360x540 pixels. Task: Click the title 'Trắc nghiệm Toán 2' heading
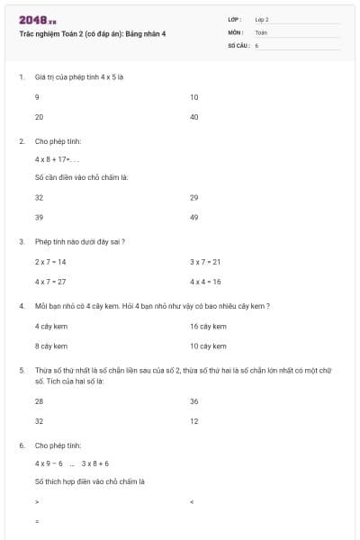(x=93, y=33)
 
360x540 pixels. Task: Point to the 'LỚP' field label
(x=235, y=19)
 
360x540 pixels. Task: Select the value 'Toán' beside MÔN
(x=261, y=31)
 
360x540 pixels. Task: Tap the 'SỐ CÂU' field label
(x=238, y=44)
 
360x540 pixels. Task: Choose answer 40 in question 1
(x=194, y=117)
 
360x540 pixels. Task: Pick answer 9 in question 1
(x=37, y=96)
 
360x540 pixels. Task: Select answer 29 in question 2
(x=194, y=197)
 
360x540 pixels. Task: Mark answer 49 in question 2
(x=194, y=218)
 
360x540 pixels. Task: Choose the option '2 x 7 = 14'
(x=50, y=262)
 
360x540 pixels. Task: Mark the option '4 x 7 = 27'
(x=50, y=282)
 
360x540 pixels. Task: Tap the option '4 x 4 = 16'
(x=205, y=282)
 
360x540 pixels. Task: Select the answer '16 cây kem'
(x=208, y=326)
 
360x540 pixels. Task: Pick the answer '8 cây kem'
(x=50, y=346)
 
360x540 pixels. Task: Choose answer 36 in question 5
(x=194, y=401)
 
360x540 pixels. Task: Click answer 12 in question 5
(x=194, y=421)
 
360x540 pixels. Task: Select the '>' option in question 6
(x=37, y=501)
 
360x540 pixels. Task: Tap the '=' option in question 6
(x=37, y=521)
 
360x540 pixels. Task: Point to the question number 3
(x=21, y=241)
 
